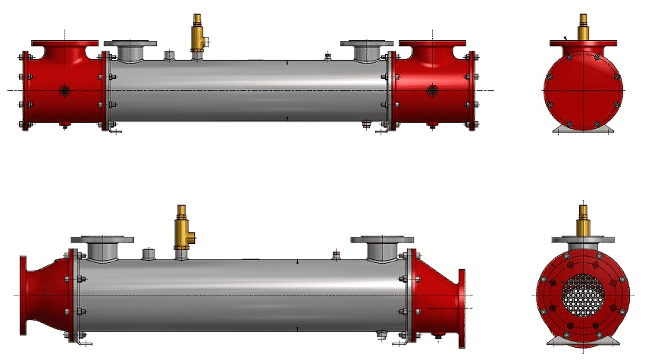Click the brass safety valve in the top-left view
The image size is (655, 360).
(199, 34)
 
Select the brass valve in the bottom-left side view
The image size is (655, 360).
(181, 230)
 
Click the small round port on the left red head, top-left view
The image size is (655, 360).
(65, 91)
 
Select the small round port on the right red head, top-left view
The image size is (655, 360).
(432, 91)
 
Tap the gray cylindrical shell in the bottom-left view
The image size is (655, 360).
(243, 292)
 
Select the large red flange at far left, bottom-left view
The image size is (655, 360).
(23, 293)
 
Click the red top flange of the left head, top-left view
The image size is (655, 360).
(65, 42)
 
